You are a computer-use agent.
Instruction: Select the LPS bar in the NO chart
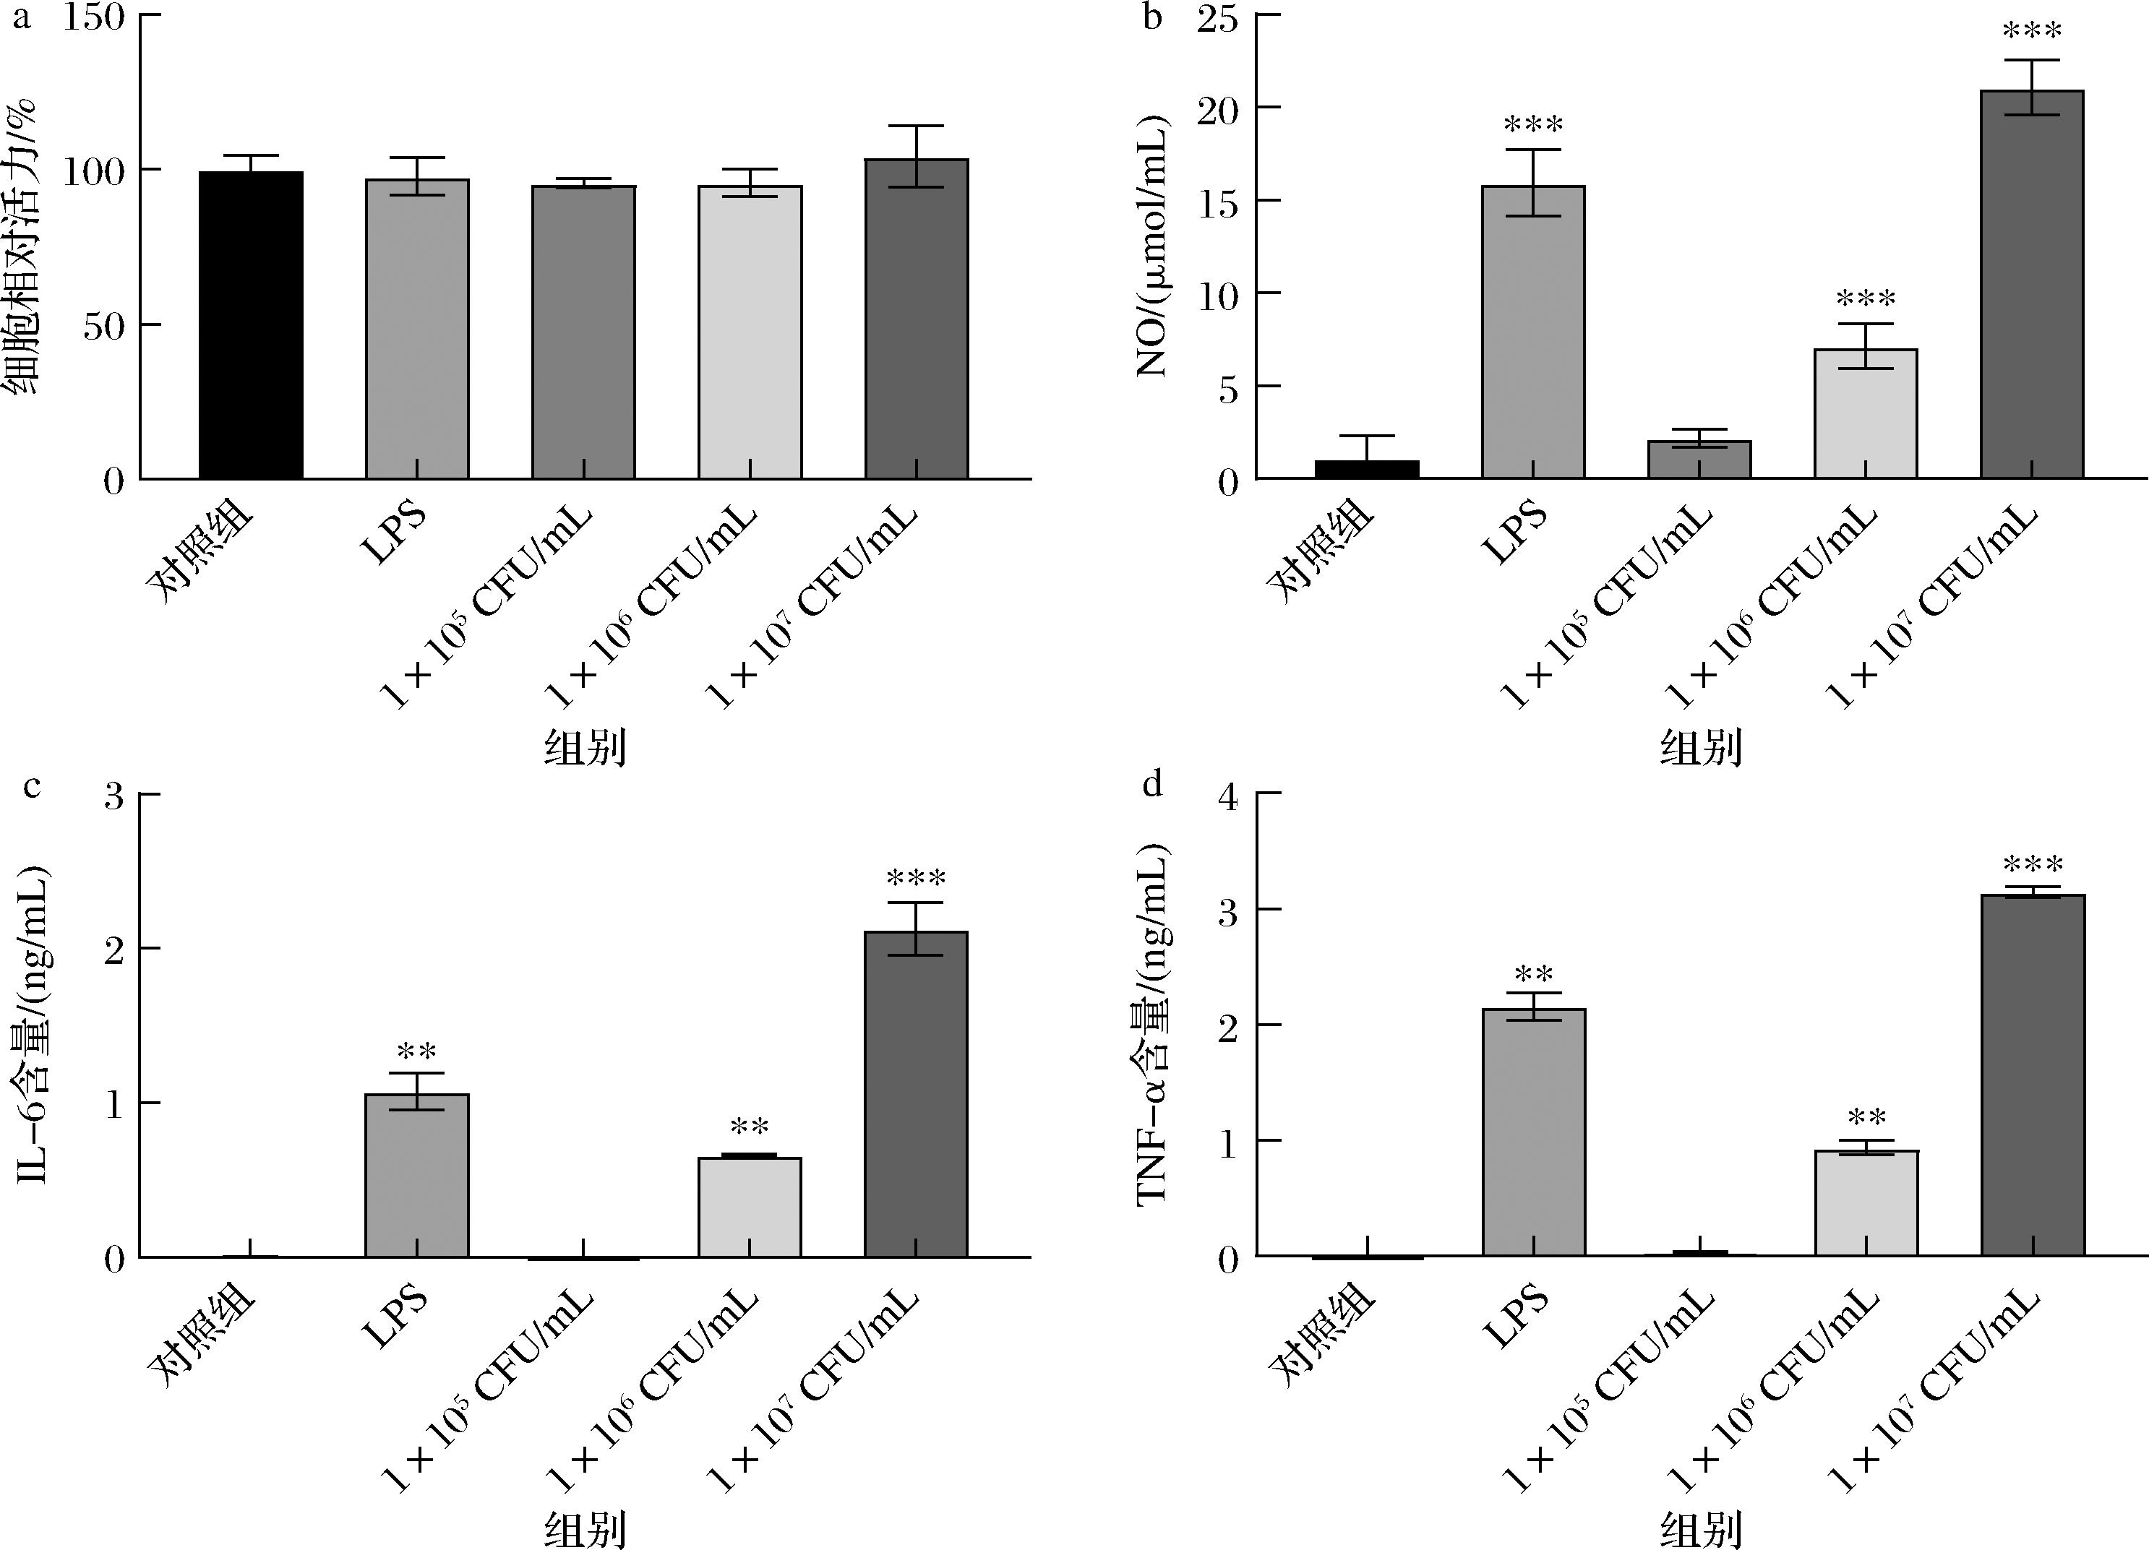click(1533, 332)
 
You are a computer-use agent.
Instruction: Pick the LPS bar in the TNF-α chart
click(1533, 1132)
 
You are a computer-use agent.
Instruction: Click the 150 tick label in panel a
click(94, 18)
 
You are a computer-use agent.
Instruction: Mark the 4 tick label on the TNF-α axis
click(1229, 798)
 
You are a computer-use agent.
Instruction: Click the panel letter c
click(31, 785)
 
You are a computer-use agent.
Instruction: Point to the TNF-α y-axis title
click(1152, 1023)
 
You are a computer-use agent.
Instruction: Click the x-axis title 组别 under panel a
click(585, 747)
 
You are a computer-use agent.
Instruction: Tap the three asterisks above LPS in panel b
click(1533, 125)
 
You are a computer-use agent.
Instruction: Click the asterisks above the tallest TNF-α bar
click(2033, 865)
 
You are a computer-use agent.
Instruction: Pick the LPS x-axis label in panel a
click(395, 536)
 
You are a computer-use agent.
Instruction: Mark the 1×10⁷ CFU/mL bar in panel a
click(917, 319)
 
